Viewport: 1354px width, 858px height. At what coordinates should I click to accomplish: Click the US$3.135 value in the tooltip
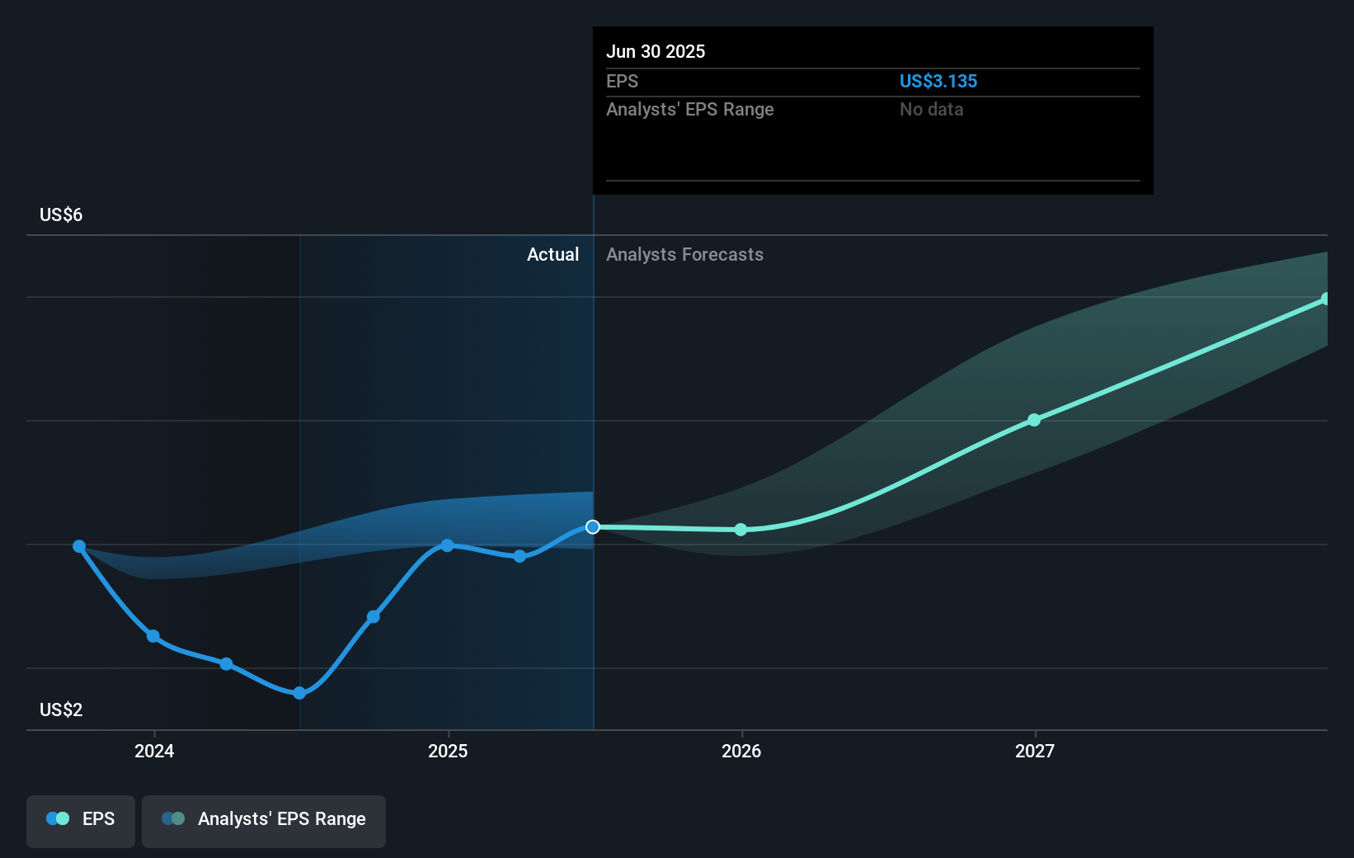[938, 81]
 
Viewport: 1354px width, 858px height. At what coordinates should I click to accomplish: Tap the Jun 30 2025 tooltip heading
[656, 51]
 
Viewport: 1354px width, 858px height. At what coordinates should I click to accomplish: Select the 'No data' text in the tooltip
[931, 109]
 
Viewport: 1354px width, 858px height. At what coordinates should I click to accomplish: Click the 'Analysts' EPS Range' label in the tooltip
[689, 109]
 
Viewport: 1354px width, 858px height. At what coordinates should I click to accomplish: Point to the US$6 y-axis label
[61, 214]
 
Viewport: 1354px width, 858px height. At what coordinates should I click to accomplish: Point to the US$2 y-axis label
[61, 709]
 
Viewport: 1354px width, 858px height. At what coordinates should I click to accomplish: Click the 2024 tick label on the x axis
[154, 751]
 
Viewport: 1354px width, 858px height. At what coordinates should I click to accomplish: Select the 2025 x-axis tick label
[448, 751]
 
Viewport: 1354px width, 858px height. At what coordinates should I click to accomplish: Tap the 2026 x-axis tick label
[741, 751]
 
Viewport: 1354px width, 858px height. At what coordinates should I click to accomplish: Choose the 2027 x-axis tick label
[1035, 751]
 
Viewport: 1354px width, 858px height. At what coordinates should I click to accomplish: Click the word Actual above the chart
[552, 254]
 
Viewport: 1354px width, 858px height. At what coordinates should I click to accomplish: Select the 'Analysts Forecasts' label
[684, 254]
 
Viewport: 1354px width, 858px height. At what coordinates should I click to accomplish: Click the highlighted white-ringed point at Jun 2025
[593, 526]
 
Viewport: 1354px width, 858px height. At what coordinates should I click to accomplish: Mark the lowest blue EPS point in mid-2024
[299, 693]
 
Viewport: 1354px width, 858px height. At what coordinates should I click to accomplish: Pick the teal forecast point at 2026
[740, 530]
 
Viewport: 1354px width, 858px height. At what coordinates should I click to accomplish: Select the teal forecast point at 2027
[1034, 420]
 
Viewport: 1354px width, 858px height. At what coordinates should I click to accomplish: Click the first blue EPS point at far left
[79, 546]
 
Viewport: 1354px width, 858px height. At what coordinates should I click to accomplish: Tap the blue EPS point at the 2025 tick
[447, 545]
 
